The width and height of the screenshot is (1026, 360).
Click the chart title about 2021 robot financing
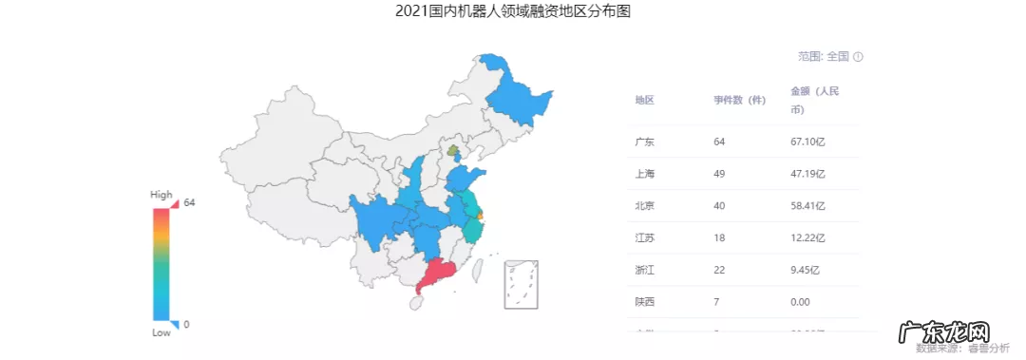point(512,12)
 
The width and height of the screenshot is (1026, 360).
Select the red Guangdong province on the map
point(441,275)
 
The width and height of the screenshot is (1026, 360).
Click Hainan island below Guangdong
point(414,304)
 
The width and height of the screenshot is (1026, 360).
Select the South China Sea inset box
point(522,282)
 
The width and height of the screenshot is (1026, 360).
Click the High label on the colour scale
point(161,194)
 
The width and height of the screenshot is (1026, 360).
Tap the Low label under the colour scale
point(161,333)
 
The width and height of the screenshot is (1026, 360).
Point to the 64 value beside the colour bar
point(189,202)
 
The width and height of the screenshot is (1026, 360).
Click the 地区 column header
point(644,101)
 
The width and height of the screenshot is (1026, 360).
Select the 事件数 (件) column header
point(740,101)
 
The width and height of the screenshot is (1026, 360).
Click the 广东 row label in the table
point(644,142)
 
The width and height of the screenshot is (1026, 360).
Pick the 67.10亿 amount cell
point(807,142)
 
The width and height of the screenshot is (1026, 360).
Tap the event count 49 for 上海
point(719,174)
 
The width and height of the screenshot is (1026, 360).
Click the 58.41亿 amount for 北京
point(807,206)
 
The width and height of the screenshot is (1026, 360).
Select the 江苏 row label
point(644,237)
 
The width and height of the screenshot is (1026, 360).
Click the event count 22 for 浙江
point(719,270)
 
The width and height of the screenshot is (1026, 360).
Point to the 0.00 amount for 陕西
point(800,302)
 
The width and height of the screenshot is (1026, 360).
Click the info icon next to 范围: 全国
point(858,57)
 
